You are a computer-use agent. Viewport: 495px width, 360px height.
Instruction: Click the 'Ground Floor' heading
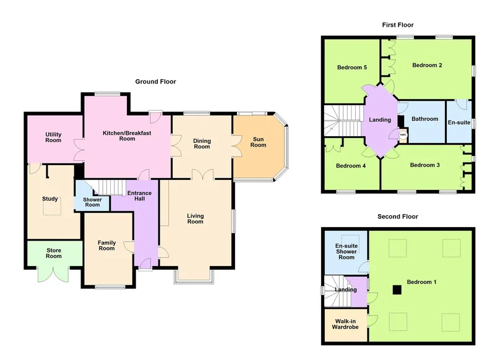155,82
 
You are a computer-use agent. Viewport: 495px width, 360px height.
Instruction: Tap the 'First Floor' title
398,25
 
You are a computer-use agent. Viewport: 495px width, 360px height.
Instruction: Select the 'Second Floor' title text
398,216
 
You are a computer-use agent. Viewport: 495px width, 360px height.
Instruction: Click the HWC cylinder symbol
403,135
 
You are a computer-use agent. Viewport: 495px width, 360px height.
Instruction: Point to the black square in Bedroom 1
397,289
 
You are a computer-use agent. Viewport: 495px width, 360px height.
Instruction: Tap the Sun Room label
258,142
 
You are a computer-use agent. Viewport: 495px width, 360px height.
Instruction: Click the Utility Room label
53,137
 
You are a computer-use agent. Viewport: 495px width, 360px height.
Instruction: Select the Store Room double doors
53,274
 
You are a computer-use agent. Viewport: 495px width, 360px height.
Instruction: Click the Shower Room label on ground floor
92,202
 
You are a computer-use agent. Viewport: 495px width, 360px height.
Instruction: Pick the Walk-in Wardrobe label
345,324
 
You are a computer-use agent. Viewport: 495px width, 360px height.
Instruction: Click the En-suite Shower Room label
346,252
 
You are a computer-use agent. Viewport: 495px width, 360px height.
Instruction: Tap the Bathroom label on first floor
425,119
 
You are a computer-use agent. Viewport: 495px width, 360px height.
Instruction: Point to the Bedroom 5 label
352,67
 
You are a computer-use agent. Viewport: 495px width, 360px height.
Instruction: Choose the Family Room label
106,246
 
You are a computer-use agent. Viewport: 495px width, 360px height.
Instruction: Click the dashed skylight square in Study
52,208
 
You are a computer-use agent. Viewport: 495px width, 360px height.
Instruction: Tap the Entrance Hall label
140,195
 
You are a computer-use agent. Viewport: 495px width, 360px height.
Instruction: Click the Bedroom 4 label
351,166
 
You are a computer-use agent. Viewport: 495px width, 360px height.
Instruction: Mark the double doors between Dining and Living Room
202,174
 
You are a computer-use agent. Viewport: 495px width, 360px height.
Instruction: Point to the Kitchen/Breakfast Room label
127,135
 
